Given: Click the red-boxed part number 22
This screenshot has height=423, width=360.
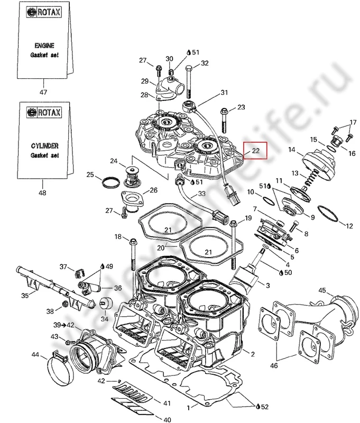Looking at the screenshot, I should pyautogui.click(x=255, y=151).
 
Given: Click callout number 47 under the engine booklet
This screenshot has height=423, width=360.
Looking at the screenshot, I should pyautogui.click(x=43, y=92).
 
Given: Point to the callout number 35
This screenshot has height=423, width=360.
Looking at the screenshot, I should pyautogui.click(x=25, y=296).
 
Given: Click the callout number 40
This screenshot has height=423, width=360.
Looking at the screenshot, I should pyautogui.click(x=167, y=420).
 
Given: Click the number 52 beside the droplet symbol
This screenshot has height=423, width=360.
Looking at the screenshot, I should pyautogui.click(x=264, y=407).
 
